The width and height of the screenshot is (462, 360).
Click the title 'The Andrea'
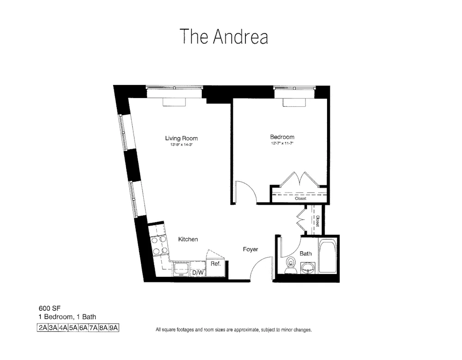pos(224,37)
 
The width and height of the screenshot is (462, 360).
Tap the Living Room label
pos(182,138)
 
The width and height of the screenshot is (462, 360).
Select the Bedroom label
pos(282,137)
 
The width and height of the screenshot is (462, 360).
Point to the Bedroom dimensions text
pos(282,144)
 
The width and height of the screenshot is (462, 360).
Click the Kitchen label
pos(188,239)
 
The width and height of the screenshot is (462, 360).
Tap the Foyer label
pos(250,250)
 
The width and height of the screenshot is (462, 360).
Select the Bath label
pos(305,254)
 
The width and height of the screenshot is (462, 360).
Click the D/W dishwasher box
pos(198,273)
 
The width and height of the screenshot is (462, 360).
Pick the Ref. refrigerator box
pos(215,264)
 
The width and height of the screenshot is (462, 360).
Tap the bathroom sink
pos(308,268)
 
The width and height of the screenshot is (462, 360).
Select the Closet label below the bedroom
pos(300,198)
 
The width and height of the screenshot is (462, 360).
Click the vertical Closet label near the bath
pos(317,222)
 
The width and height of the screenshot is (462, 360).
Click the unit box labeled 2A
pos(43,328)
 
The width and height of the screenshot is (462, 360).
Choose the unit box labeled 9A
pos(114,328)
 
